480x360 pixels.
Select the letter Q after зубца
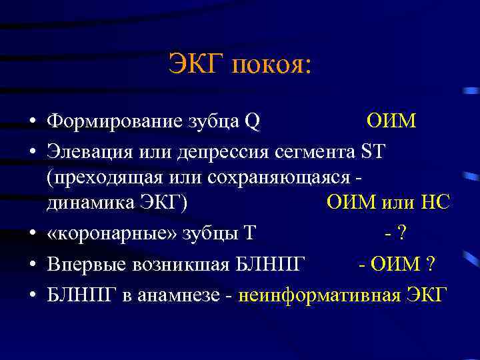click(x=252, y=122)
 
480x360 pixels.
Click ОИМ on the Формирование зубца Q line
click(x=391, y=122)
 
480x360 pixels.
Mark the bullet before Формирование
click(x=32, y=123)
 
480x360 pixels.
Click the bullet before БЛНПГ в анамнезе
click(x=32, y=295)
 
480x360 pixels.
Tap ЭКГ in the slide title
click(x=197, y=65)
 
